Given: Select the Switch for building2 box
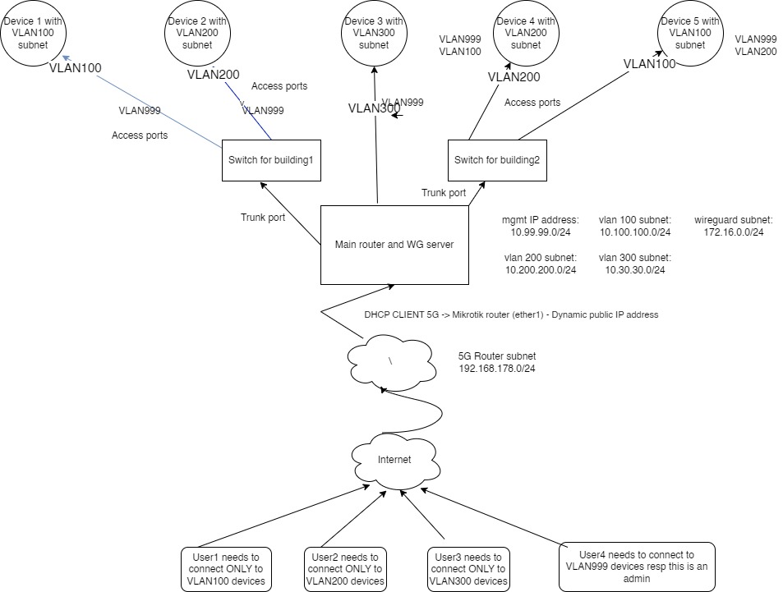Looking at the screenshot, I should [496, 159].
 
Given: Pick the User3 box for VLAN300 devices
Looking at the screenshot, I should [467, 568].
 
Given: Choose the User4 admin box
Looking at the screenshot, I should [637, 566].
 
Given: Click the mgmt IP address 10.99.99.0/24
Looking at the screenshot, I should [540, 232].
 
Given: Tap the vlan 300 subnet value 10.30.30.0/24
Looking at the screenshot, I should [634, 269].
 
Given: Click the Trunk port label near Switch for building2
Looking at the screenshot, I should [444, 192].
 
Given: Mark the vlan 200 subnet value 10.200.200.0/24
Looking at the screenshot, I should [540, 269].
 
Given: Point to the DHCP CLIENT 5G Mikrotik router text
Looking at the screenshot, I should [511, 314].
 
